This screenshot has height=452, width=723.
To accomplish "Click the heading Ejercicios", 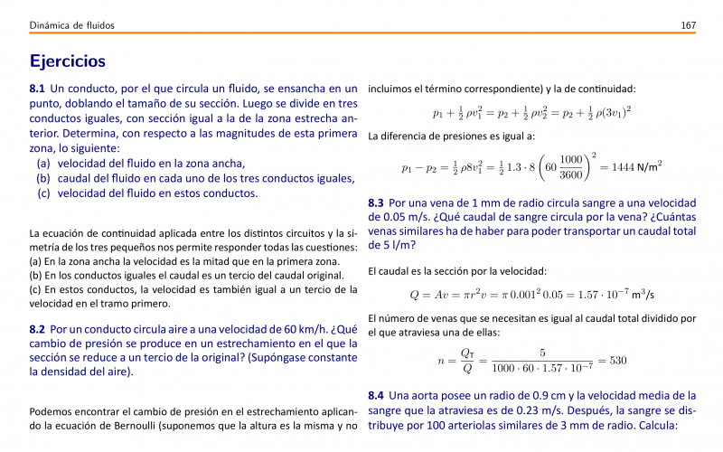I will click(68, 61).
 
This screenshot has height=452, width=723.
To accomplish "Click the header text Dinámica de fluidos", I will click(71, 25).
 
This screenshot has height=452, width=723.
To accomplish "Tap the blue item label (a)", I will click(43, 164).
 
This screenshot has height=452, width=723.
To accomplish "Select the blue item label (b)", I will click(43, 178).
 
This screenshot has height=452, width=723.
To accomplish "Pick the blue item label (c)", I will click(43, 193).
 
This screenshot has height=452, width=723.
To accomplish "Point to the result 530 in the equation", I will click(617, 361).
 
